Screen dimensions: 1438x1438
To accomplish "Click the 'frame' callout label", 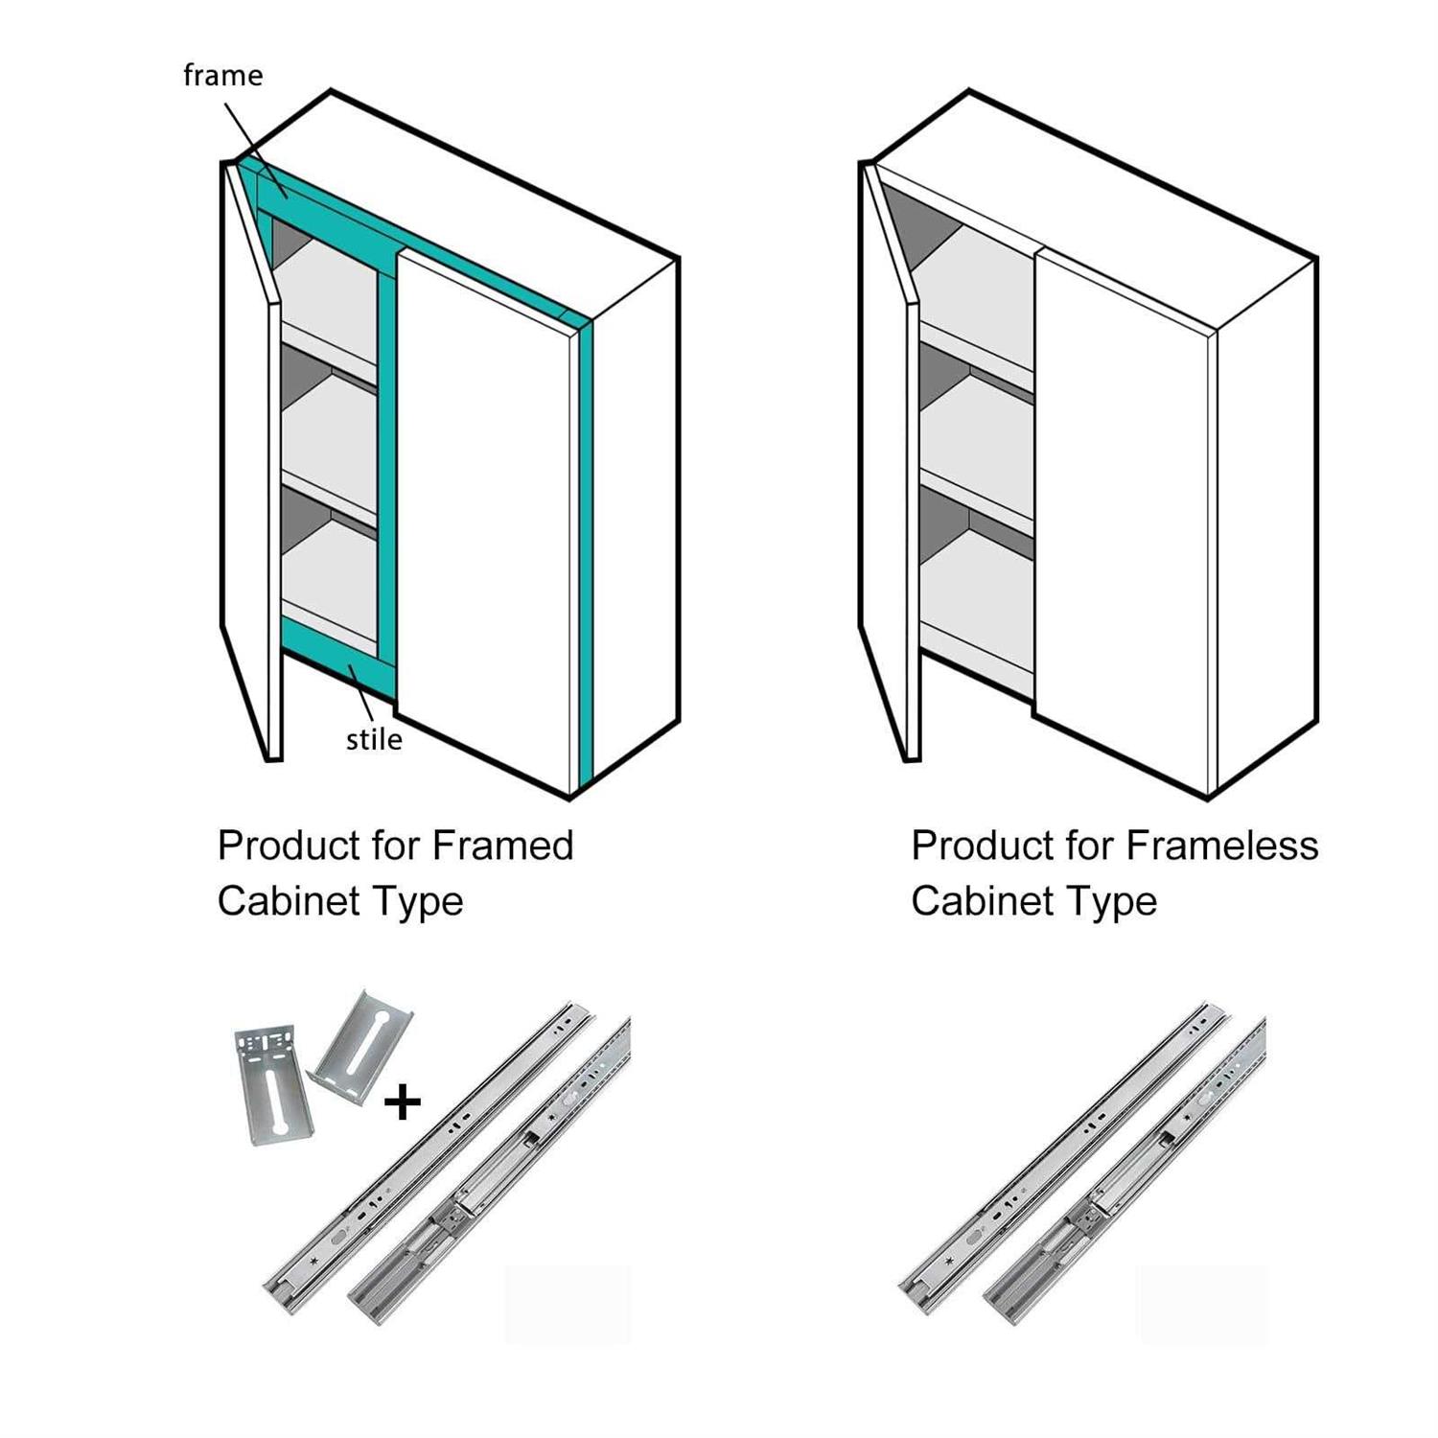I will point(222,75).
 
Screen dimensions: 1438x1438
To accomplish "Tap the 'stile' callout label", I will point(374,739).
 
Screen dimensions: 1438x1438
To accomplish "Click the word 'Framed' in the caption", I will point(502,846).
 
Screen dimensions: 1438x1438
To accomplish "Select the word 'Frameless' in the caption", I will point(1222,846).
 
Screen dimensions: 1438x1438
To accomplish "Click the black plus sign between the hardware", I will point(402,1102).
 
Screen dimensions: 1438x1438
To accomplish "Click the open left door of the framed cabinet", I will point(247,460).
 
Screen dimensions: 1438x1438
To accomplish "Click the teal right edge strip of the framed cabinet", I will point(586,546).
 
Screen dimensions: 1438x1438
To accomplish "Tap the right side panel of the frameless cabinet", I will point(1265,518).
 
